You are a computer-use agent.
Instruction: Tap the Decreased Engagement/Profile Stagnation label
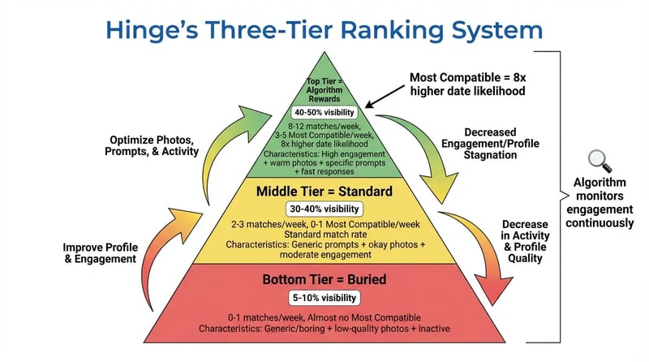(503, 144)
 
